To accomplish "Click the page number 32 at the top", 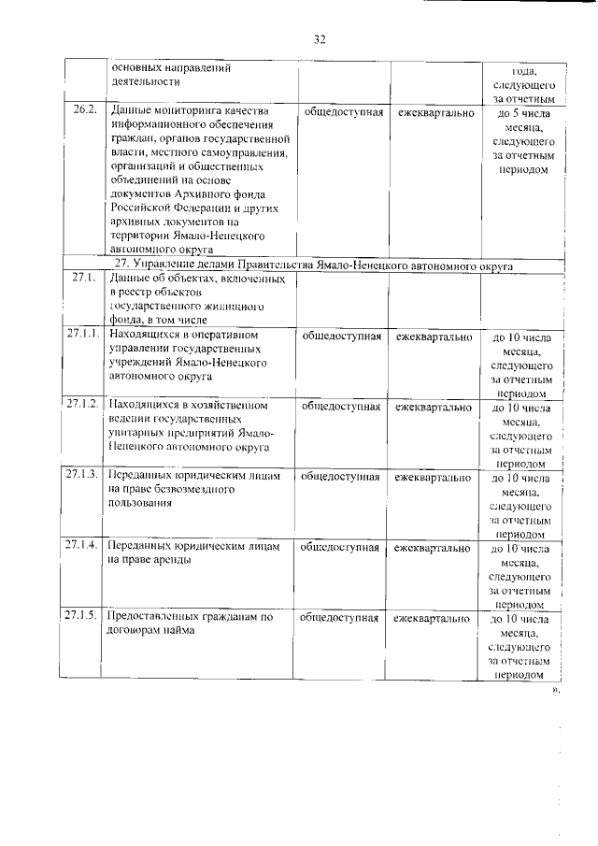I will (319, 38).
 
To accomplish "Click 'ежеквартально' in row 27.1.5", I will (432, 617).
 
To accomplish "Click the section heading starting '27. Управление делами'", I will (311, 265).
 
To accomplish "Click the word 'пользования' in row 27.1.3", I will (140, 504).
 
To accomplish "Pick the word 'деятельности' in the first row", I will (145, 81).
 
